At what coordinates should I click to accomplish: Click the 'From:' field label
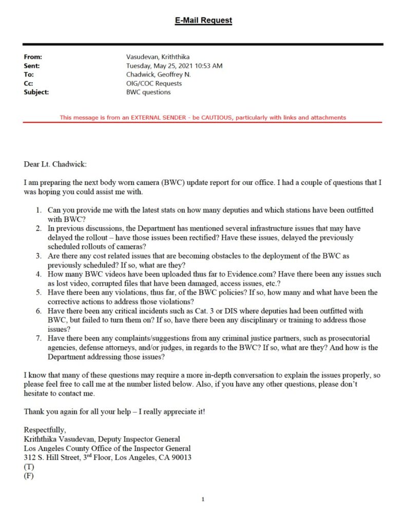click(x=33, y=57)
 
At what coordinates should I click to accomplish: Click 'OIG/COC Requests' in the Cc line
click(x=154, y=83)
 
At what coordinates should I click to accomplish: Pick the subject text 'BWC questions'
click(x=148, y=92)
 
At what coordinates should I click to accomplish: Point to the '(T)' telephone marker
click(x=29, y=466)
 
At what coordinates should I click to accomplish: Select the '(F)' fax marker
click(x=29, y=476)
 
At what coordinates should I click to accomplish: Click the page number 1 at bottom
click(x=203, y=499)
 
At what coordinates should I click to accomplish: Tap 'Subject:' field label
click(x=36, y=92)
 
